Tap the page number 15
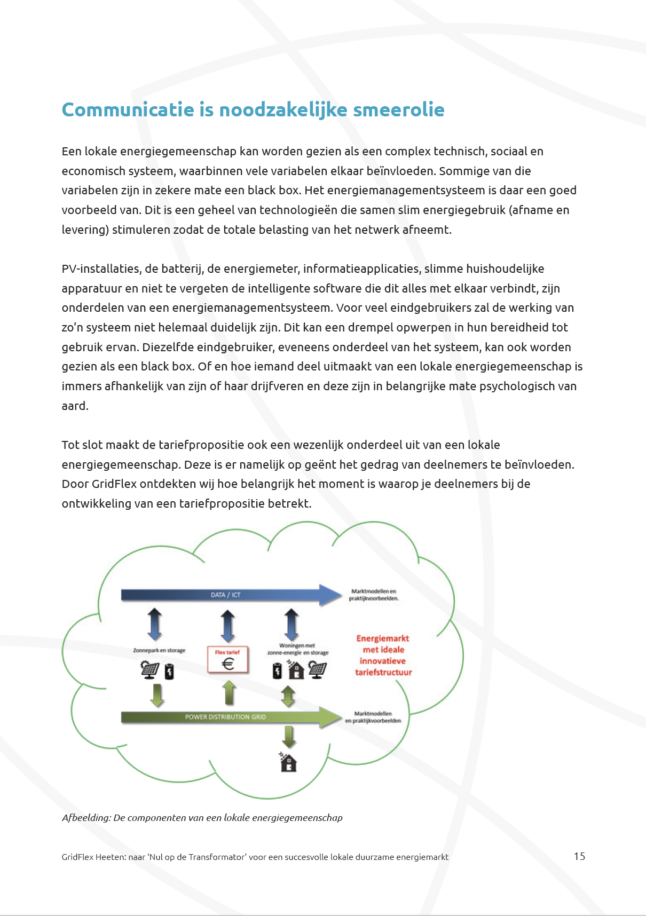[x=579, y=856]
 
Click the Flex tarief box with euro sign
[x=228, y=660]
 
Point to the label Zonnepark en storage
[x=159, y=650]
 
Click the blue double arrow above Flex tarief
[x=228, y=625]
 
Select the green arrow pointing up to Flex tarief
[x=229, y=693]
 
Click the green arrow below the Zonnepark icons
[x=157, y=695]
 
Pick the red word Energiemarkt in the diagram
[x=383, y=638]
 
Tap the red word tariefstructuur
[x=383, y=673]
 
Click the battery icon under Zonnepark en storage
[x=169, y=671]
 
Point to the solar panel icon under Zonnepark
[x=150, y=669]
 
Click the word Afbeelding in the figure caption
[x=86, y=818]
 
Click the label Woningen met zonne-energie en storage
[x=297, y=649]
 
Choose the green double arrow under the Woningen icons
[x=288, y=696]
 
